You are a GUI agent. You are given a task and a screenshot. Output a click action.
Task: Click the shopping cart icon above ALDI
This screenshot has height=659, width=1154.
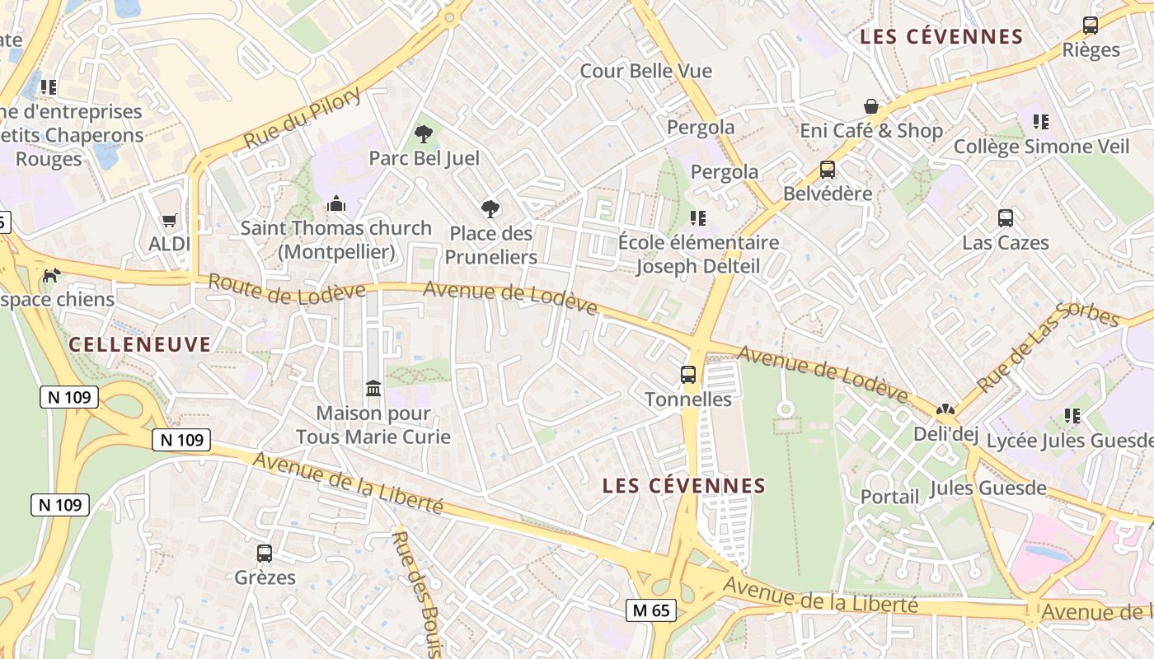(x=169, y=220)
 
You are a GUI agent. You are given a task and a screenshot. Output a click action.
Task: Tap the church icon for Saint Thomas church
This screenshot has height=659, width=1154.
(x=335, y=203)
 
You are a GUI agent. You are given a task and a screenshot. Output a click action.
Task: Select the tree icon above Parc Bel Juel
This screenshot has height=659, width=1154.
(x=424, y=133)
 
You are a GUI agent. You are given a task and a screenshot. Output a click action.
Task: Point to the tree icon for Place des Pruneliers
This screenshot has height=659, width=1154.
(x=490, y=209)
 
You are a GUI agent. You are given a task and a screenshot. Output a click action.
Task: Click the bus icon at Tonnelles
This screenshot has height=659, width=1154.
(x=688, y=375)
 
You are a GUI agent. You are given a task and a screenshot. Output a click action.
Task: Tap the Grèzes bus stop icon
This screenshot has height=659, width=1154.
(x=265, y=554)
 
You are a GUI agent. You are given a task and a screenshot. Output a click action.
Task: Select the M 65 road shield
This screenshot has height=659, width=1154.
(x=651, y=610)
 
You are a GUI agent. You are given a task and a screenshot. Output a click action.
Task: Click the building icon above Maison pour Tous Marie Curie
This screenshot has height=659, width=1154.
(x=373, y=388)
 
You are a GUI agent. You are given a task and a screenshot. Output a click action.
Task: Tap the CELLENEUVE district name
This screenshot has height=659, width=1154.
(x=140, y=344)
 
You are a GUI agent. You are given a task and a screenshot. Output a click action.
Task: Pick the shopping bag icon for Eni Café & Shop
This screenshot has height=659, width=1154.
(x=870, y=106)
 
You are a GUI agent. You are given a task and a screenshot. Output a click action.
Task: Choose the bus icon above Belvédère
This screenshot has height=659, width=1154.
(x=828, y=170)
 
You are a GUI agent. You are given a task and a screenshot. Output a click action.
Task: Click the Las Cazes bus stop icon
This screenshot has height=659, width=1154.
(x=1006, y=218)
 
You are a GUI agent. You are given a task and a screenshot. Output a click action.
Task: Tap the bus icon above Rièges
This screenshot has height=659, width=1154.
(x=1091, y=26)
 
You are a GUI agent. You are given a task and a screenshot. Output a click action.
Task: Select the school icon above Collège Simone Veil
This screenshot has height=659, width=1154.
(x=1041, y=122)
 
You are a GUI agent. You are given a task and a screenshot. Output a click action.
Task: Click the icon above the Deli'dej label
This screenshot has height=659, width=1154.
(x=945, y=409)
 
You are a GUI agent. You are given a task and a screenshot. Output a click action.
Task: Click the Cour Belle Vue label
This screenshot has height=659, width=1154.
(x=645, y=71)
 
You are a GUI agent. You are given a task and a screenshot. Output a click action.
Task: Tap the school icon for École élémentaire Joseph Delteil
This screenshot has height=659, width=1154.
(x=698, y=218)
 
